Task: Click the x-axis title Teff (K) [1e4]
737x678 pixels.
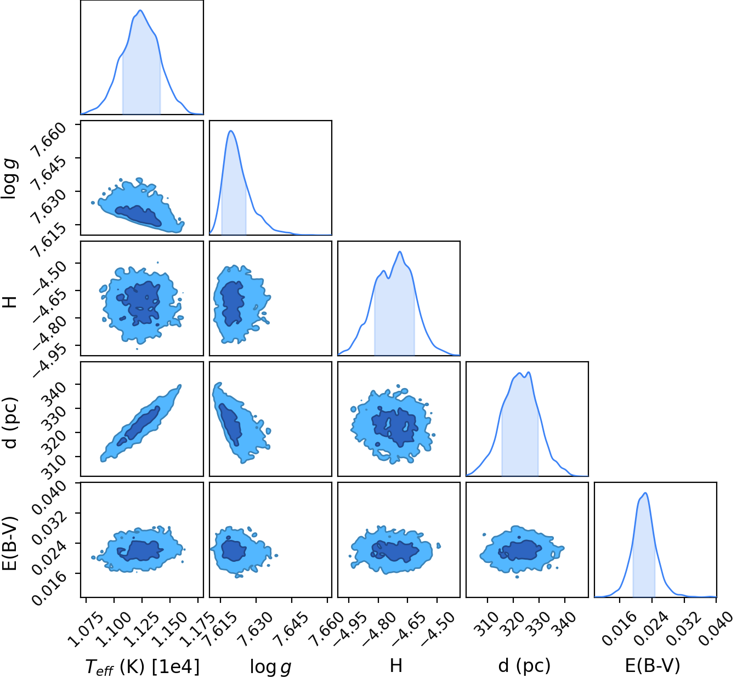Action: (142, 666)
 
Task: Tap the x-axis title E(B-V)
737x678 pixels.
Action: (653, 665)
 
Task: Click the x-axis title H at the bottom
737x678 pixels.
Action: (396, 665)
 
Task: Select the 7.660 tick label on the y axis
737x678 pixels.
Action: (48, 140)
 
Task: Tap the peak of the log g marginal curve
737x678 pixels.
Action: (231, 131)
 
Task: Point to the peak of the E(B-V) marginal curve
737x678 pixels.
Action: (645, 493)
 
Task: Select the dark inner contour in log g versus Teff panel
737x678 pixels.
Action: (138, 215)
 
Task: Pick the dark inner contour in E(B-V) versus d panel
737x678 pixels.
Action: (520, 550)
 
